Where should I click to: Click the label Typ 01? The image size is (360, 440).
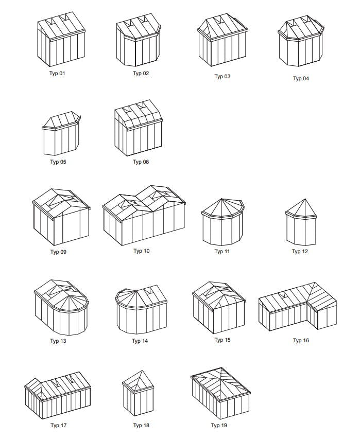pyautogui.click(x=57, y=74)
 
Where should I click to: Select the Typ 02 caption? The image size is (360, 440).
pyautogui.click(x=141, y=74)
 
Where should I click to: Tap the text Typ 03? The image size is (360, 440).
pyautogui.click(x=222, y=76)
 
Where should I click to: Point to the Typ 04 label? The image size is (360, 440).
pyautogui.click(x=301, y=79)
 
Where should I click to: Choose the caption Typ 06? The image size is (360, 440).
pyautogui.click(x=141, y=162)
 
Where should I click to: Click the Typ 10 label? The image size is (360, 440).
pyautogui.click(x=142, y=251)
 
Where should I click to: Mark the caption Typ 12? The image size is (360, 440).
pyautogui.click(x=300, y=252)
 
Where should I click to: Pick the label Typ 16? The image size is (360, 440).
pyautogui.click(x=301, y=341)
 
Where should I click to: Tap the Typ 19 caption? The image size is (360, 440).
pyautogui.click(x=219, y=426)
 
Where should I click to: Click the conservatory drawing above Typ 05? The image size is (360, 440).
pyautogui.click(x=61, y=133)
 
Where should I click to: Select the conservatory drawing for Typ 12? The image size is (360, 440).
pyautogui.click(x=301, y=222)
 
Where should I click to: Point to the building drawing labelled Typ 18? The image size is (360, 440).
pyautogui.click(x=138, y=393)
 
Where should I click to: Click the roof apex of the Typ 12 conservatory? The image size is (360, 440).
pyautogui.click(x=305, y=199)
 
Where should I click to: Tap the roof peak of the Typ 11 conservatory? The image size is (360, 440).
pyautogui.click(x=221, y=199)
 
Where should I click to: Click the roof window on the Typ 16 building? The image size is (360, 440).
pyautogui.click(x=284, y=295)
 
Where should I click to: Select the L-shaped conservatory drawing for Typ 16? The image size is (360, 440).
pyautogui.click(x=298, y=307)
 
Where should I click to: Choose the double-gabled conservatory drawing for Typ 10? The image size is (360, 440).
pyautogui.click(x=144, y=215)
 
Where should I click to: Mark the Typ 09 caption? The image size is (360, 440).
pyautogui.click(x=58, y=252)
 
